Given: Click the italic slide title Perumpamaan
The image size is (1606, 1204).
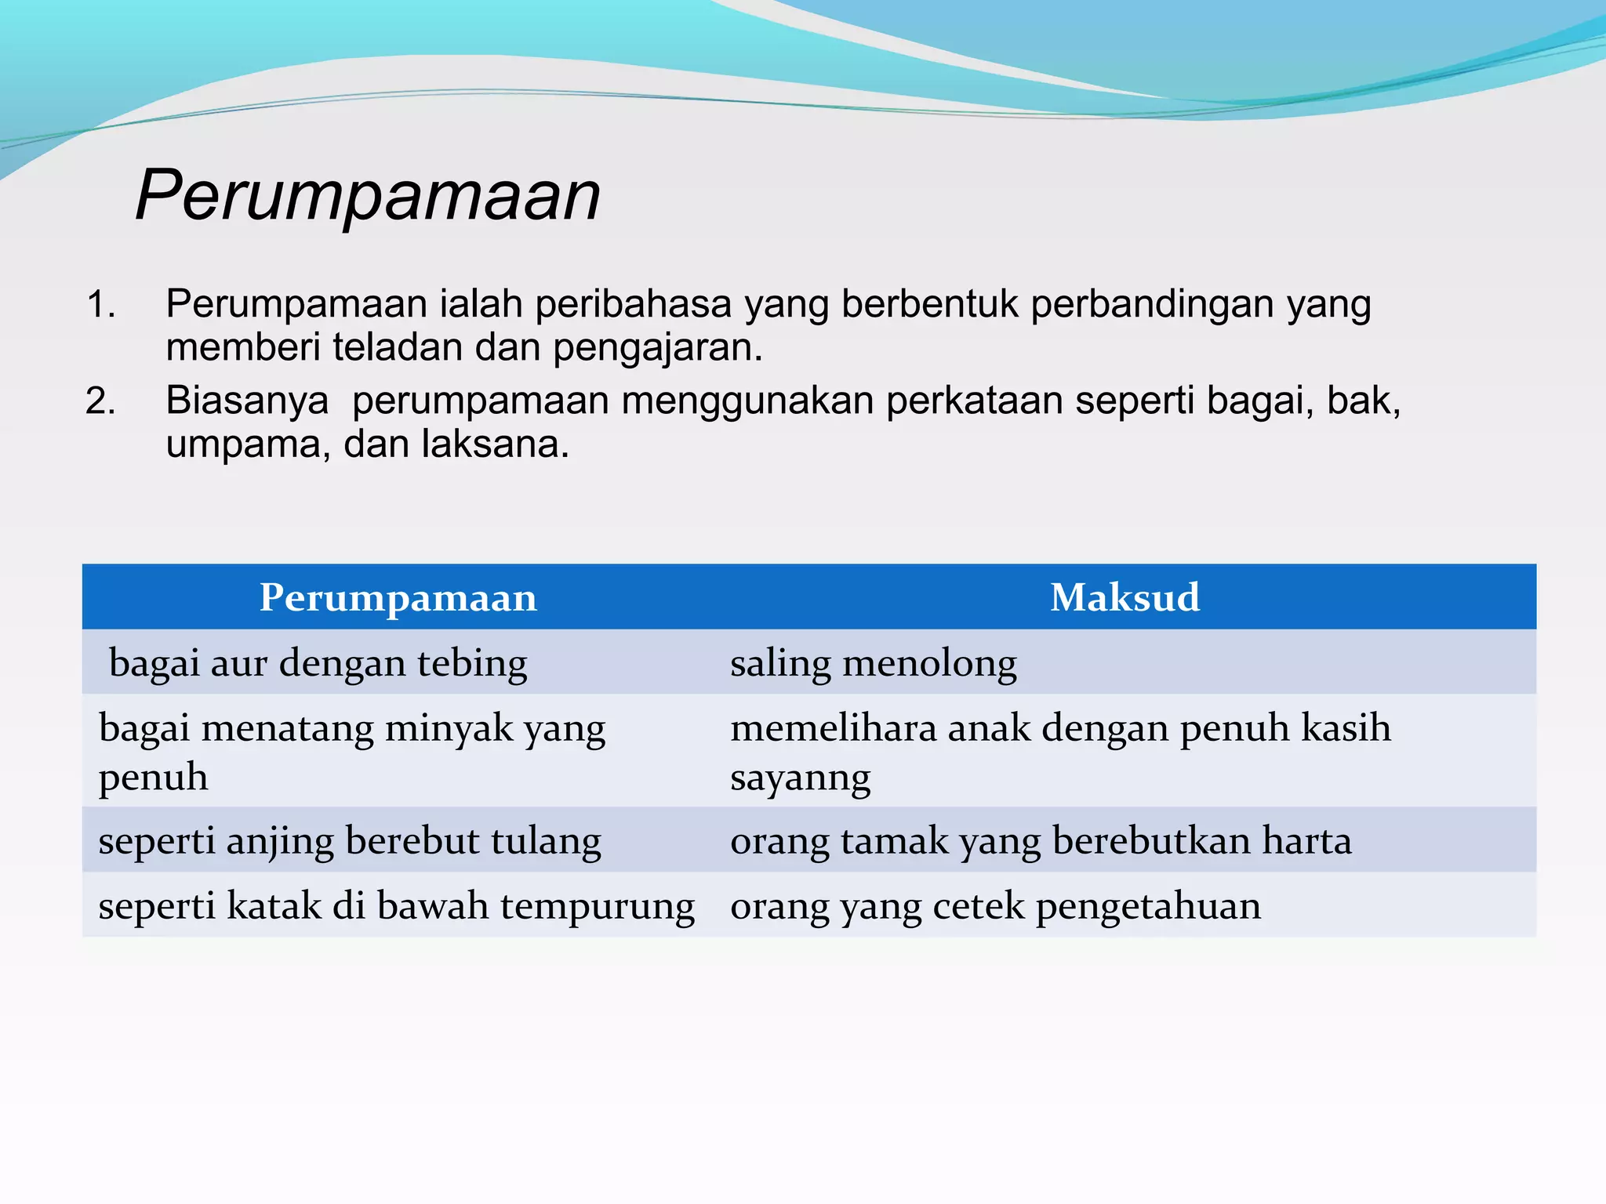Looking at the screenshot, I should coord(368,196).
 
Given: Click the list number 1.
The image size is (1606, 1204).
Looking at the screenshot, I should coord(100,304).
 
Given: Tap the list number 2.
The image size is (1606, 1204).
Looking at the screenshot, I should coord(100,401).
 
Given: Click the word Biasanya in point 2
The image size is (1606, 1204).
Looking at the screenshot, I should coord(247,401).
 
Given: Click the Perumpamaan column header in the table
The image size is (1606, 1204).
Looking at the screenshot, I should coord(398,597).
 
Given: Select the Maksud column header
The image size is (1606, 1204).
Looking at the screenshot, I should coord(1125,597).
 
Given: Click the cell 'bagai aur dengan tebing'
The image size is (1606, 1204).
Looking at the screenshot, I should coord(318,663).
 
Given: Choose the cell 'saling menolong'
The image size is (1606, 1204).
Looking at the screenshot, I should coord(874,663).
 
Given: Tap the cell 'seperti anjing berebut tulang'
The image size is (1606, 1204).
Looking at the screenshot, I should coord(350,841).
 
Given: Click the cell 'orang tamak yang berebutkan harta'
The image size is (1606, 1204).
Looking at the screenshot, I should coord(1041,841).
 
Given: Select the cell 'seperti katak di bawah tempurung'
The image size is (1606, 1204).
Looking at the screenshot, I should coord(396,906).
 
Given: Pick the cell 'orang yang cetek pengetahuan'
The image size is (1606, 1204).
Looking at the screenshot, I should coord(995,906).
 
